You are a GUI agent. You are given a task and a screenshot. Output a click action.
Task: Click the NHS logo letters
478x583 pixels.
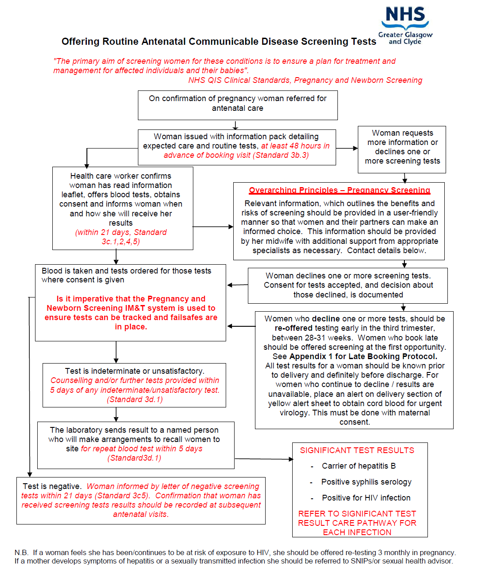tap(405, 15)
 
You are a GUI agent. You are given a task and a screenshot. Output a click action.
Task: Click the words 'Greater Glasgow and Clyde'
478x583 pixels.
tap(405, 38)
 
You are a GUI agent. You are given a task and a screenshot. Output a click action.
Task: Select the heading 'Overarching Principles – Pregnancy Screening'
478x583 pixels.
tap(339, 190)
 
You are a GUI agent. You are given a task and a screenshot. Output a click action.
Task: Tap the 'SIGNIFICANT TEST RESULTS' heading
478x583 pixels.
tap(357, 450)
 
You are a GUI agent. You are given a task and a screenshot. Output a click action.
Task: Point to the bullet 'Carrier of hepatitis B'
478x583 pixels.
tap(359, 466)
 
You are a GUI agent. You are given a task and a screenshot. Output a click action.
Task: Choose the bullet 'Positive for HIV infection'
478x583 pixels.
tap(366, 498)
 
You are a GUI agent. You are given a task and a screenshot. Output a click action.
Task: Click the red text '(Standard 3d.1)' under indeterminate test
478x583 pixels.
tap(135, 399)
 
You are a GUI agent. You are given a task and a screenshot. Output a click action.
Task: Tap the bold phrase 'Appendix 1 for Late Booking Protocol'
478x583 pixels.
tap(363, 356)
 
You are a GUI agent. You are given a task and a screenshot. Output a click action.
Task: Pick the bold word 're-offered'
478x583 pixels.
tap(294, 328)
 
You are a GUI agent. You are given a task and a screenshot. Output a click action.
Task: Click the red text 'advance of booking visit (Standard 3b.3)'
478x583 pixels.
tap(236, 155)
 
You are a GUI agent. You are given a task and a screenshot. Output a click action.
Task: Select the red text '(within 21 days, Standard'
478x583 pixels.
tap(121, 232)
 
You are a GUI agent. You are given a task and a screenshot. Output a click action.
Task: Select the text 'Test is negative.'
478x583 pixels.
tap(52, 486)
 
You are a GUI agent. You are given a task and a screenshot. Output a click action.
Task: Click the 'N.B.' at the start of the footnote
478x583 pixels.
tap(21, 552)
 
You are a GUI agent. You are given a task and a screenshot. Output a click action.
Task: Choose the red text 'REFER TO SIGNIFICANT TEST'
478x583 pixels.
tap(357, 514)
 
